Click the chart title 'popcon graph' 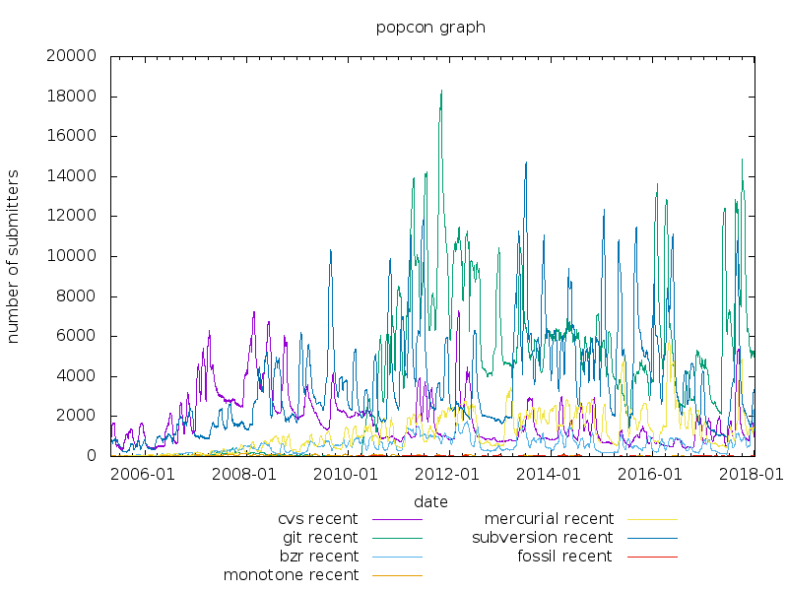[430, 28]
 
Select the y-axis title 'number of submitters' [14, 256]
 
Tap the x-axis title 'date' [430, 501]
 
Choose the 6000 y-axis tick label [76, 336]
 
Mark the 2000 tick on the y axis [76, 416]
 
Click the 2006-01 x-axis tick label [147, 474]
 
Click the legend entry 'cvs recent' [318, 519]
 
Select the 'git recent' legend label [320, 538]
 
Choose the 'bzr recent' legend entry [319, 557]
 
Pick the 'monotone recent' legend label [291, 575]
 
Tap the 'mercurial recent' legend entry [549, 519]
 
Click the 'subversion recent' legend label [542, 538]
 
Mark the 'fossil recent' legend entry [564, 557]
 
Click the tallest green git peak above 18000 [441, 92]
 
